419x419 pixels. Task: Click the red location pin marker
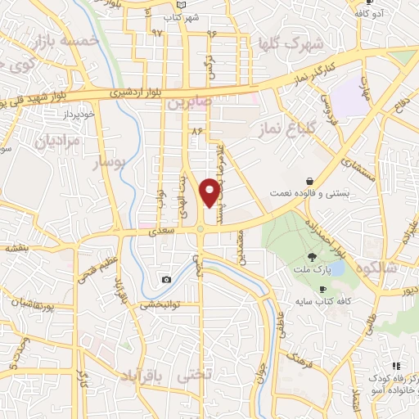tap(211, 191)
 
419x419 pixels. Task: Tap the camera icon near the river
tap(167, 279)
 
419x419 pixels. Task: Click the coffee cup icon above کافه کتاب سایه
tap(322, 289)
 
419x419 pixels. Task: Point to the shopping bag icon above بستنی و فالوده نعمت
tap(310, 182)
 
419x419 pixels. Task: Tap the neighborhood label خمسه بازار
tap(64, 40)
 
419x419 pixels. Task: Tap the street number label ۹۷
tap(157, 33)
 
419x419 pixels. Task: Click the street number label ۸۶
tap(196, 130)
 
